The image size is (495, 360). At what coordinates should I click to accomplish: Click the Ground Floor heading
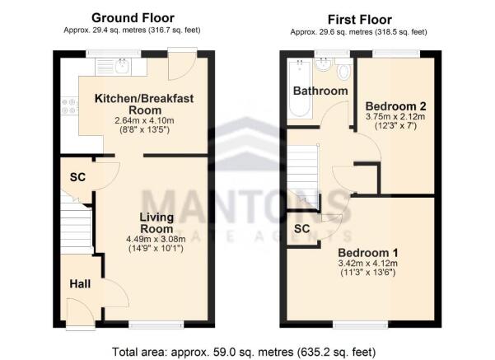point(133,18)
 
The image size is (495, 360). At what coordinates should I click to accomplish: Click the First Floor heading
point(360,20)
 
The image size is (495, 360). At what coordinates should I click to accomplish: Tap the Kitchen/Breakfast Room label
point(144,104)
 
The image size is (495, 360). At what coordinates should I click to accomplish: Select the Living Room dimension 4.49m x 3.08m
point(156,239)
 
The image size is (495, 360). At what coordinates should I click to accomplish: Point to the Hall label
point(80,284)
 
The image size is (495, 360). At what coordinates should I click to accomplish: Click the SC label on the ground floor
point(77,177)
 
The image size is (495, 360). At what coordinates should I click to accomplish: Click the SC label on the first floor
point(301,229)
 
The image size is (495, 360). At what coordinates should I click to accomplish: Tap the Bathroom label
point(320,91)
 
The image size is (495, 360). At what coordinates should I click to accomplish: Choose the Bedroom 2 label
point(395,105)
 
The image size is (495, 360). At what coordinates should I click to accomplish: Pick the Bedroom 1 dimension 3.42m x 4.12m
point(368,263)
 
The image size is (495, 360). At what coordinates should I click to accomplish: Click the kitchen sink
point(122,66)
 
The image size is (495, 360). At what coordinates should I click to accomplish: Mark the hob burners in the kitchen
point(69,106)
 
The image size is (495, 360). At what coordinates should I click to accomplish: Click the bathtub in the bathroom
point(300,88)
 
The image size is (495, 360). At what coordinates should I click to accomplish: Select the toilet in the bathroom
point(343,70)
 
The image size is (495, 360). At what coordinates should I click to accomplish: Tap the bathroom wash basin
point(324,65)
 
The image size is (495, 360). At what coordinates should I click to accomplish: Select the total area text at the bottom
point(244,352)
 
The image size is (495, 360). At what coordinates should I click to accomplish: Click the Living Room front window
point(156,325)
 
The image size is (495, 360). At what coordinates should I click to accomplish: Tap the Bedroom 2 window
point(396,54)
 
